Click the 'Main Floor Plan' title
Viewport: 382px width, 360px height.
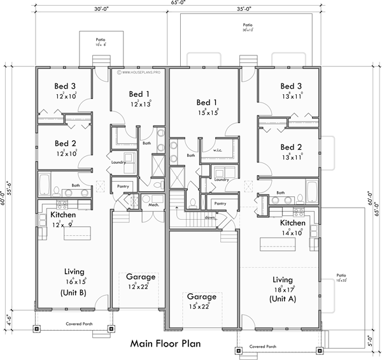[165, 343]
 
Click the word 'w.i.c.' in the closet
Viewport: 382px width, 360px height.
[218, 150]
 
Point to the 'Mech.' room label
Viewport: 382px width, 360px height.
[153, 205]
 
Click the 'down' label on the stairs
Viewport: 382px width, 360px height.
[209, 216]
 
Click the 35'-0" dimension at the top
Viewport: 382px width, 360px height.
[244, 10]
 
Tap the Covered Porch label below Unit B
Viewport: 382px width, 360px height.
[80, 324]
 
